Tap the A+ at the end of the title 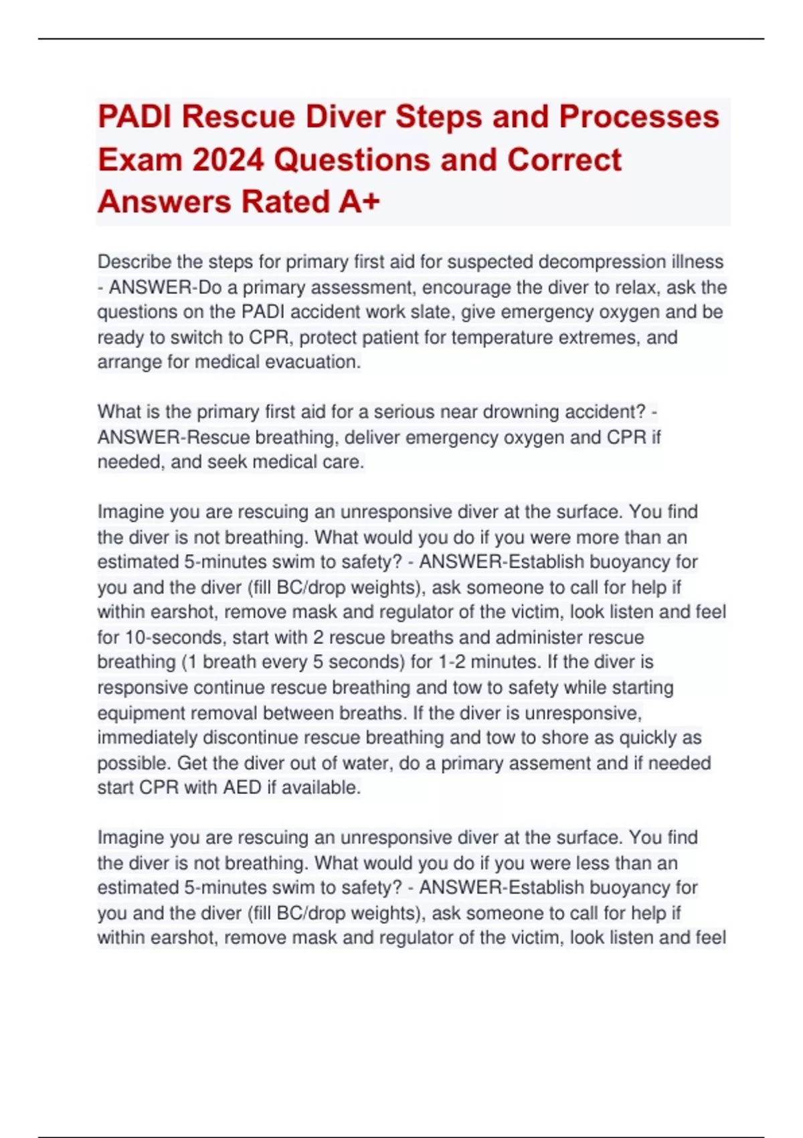click(359, 202)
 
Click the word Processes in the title click(639, 117)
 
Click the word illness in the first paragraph click(700, 262)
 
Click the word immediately click(147, 738)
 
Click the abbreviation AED click(242, 788)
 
